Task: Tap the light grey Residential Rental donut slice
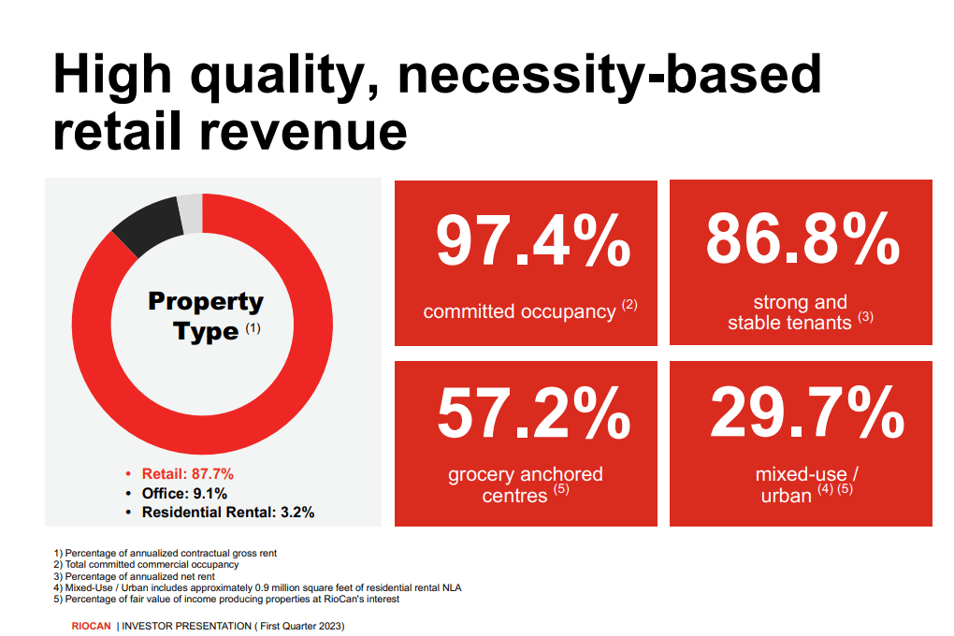(x=191, y=213)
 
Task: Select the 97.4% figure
(x=533, y=241)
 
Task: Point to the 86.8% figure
(x=802, y=238)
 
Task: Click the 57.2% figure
(x=533, y=413)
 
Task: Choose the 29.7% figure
(x=807, y=412)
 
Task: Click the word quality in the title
(x=286, y=76)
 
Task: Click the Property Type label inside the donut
(x=206, y=316)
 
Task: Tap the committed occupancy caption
(x=530, y=311)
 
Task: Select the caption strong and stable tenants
(x=800, y=312)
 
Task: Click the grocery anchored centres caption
(x=526, y=485)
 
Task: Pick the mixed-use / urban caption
(x=807, y=485)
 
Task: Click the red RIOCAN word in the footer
(x=92, y=626)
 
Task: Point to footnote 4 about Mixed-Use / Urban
(x=257, y=588)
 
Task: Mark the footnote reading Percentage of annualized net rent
(x=134, y=576)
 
